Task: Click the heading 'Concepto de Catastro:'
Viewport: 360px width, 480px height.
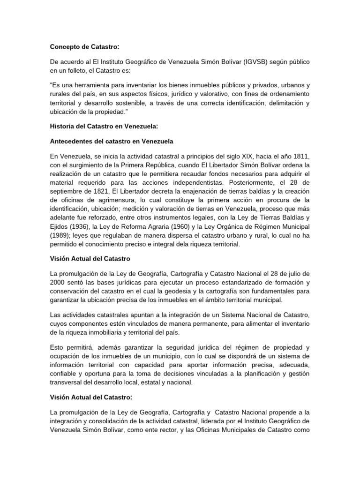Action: pyautogui.click(x=84, y=46)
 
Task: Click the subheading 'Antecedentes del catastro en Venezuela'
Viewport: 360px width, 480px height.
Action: pyautogui.click(x=112, y=142)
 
